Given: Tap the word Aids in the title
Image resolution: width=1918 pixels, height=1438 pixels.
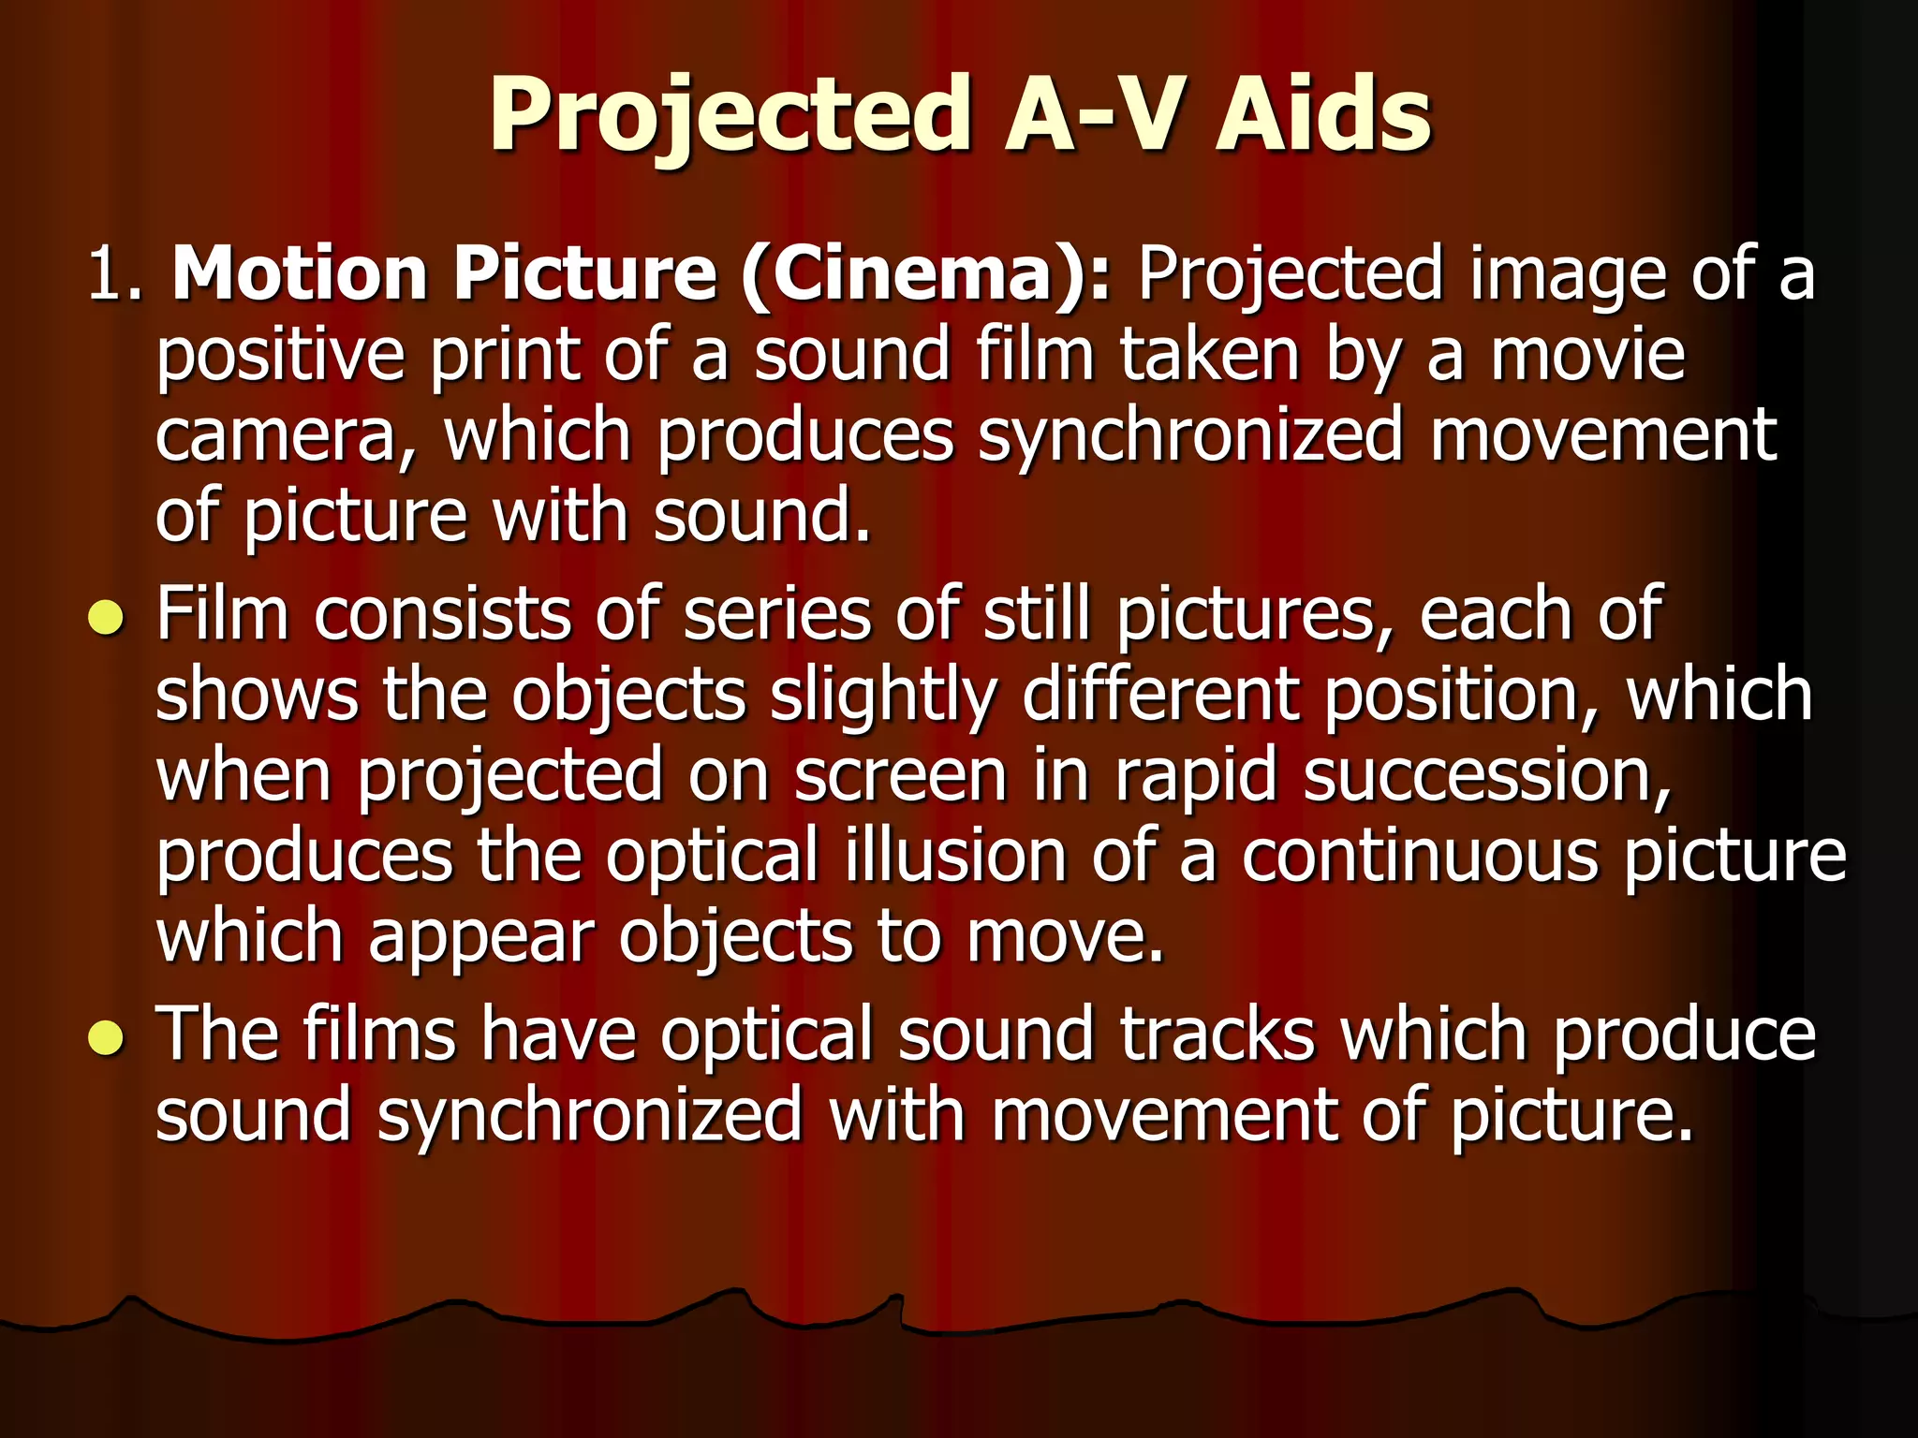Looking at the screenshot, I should pos(1323,114).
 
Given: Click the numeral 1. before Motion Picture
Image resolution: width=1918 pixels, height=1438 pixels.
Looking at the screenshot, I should pos(114,275).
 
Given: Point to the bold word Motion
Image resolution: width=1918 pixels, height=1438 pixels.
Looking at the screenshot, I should pos(300,275).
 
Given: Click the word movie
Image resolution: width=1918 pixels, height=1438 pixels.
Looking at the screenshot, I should pos(1588,356).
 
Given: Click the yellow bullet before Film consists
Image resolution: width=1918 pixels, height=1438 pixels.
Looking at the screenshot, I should pos(106,619).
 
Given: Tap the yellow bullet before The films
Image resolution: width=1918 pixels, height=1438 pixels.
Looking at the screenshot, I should pos(106,1037).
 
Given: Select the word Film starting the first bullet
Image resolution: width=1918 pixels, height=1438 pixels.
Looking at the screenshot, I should pos(222,615).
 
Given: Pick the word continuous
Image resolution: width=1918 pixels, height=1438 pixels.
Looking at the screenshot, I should pos(1420,857).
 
